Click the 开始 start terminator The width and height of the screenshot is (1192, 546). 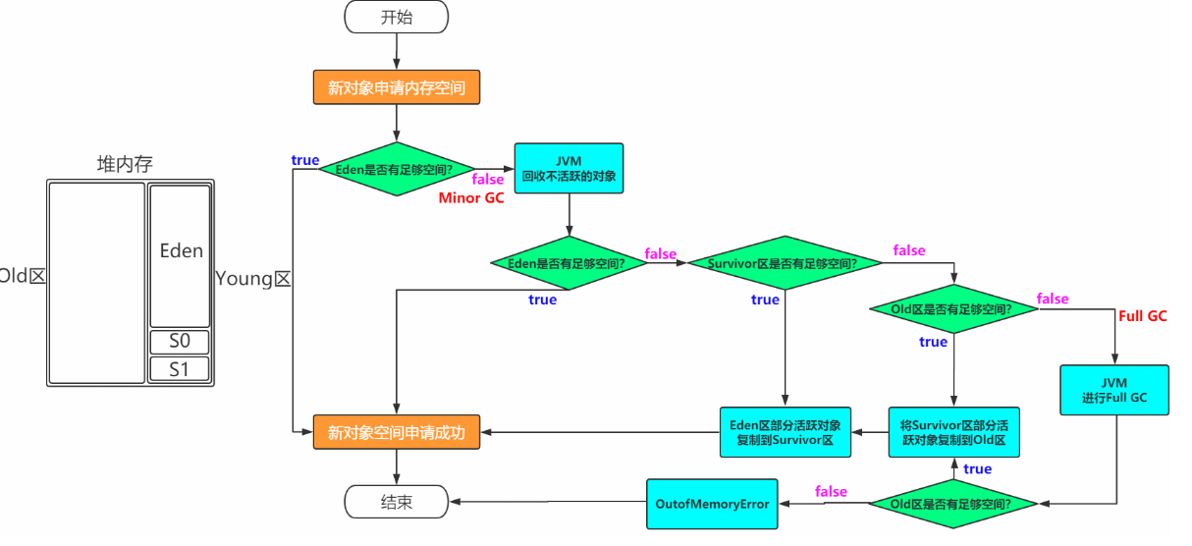coord(396,17)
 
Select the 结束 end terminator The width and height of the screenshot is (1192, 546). coord(396,502)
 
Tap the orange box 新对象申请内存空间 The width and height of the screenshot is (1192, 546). coord(396,88)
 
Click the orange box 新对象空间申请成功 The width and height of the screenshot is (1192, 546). coord(396,432)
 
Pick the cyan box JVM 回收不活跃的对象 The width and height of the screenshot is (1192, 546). coord(569,168)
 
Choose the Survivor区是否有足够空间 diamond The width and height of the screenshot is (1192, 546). coord(771,263)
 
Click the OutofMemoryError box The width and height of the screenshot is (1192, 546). coord(712,503)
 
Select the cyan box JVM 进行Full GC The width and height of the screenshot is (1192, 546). coord(1114,390)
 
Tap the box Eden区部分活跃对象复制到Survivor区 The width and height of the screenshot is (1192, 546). coord(786,432)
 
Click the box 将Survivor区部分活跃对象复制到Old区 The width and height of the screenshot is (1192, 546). coord(953,432)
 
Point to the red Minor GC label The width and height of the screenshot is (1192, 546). coord(471,198)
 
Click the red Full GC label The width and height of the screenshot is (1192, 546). coord(1143,316)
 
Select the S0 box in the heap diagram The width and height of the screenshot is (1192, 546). coord(180,343)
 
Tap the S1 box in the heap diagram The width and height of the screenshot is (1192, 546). coord(180,370)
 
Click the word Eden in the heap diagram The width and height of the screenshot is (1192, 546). coord(181,250)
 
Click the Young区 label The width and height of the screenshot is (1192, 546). coord(253,278)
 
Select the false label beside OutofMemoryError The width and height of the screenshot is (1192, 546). coord(831,491)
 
